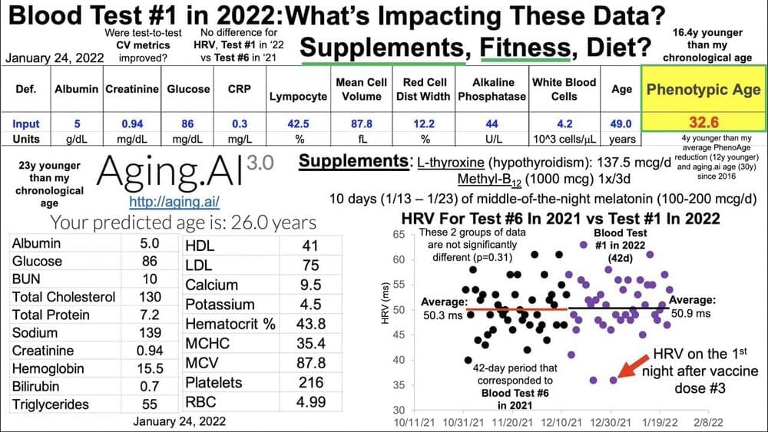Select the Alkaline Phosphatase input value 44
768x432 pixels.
[x=492, y=124]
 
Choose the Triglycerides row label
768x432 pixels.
[x=51, y=404]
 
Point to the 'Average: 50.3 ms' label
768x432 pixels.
[x=444, y=308]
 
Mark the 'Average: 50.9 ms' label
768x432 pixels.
[x=690, y=307]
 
